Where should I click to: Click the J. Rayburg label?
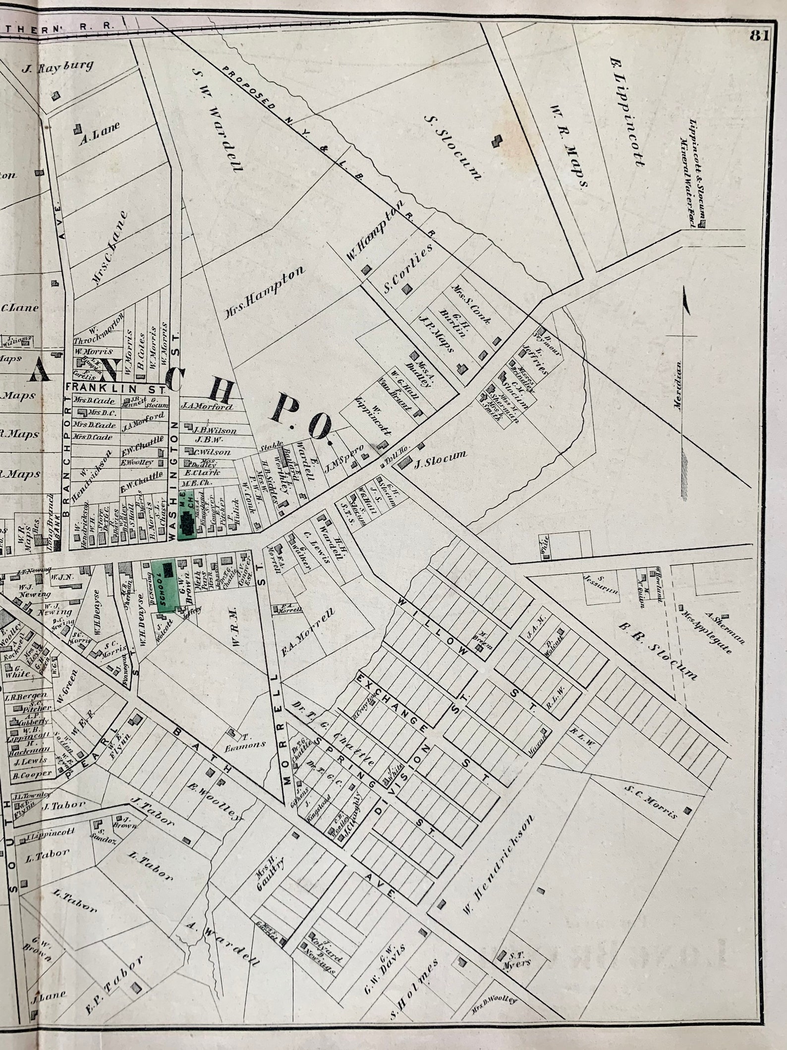click(x=57, y=67)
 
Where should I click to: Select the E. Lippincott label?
click(x=627, y=112)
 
